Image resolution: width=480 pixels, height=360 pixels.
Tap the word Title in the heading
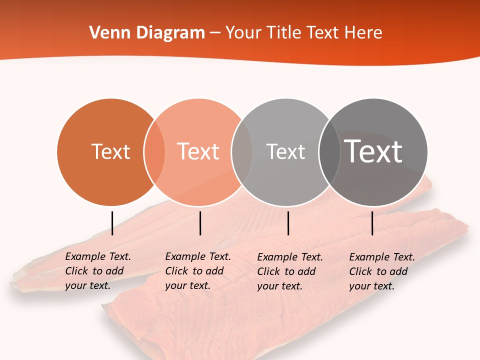click(285, 33)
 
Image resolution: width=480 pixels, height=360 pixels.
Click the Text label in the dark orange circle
click(110, 151)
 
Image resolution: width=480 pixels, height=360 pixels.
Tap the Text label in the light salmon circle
click(198, 151)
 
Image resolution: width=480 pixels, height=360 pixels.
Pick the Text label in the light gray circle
click(285, 151)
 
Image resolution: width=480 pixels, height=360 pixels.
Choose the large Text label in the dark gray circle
click(373, 151)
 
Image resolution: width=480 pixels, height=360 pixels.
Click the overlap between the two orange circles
click(154, 152)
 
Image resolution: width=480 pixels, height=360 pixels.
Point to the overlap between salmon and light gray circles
click(242, 152)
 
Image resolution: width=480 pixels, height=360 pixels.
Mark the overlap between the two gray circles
click(329, 152)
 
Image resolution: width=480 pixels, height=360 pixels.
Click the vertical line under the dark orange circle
click(112, 223)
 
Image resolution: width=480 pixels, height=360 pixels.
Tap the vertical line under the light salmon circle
click(200, 223)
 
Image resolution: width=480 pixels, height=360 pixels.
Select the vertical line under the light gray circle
click(288, 223)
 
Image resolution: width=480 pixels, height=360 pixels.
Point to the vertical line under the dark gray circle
click(372, 223)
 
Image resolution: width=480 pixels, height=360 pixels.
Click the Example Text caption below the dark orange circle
click(97, 271)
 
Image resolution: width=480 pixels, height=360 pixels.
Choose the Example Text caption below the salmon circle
click(197, 271)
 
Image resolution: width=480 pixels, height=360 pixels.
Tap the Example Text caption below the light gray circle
click(289, 271)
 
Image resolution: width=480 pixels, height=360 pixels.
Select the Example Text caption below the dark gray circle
click(381, 271)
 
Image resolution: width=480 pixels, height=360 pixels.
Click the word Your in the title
click(243, 33)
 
